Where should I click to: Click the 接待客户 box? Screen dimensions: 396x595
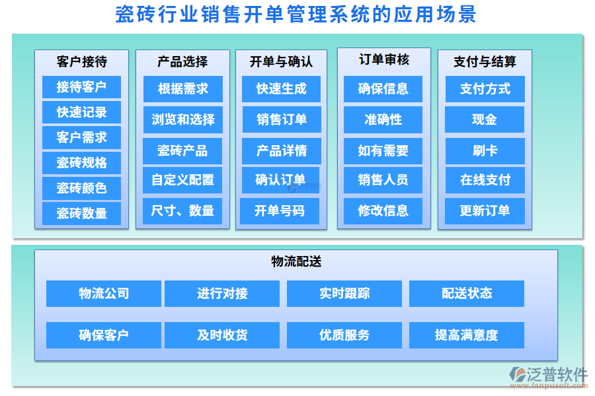81,87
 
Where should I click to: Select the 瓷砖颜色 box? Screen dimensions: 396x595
81,188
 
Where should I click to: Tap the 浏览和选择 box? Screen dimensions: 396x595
183,119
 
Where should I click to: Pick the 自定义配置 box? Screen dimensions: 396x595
183,180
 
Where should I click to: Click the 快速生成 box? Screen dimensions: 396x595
281,88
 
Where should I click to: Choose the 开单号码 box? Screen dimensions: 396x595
281,211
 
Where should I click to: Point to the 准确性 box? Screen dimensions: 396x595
383,119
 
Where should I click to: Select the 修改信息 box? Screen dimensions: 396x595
383,211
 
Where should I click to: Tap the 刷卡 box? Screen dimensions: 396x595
485,150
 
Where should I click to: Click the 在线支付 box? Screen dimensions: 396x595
485,180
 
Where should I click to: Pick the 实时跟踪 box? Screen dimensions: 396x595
344,294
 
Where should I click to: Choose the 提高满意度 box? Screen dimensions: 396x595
466,335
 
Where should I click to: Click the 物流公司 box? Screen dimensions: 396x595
104,294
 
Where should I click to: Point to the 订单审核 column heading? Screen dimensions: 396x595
384,60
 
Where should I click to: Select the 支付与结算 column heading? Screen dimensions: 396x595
485,61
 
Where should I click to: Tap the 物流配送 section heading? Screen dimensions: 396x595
296,261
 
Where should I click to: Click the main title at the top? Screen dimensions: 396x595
296,15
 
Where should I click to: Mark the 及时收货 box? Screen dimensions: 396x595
222,335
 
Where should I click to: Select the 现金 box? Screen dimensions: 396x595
485,119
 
